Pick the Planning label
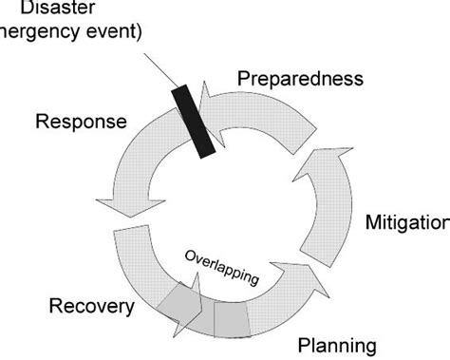[x=337, y=343]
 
